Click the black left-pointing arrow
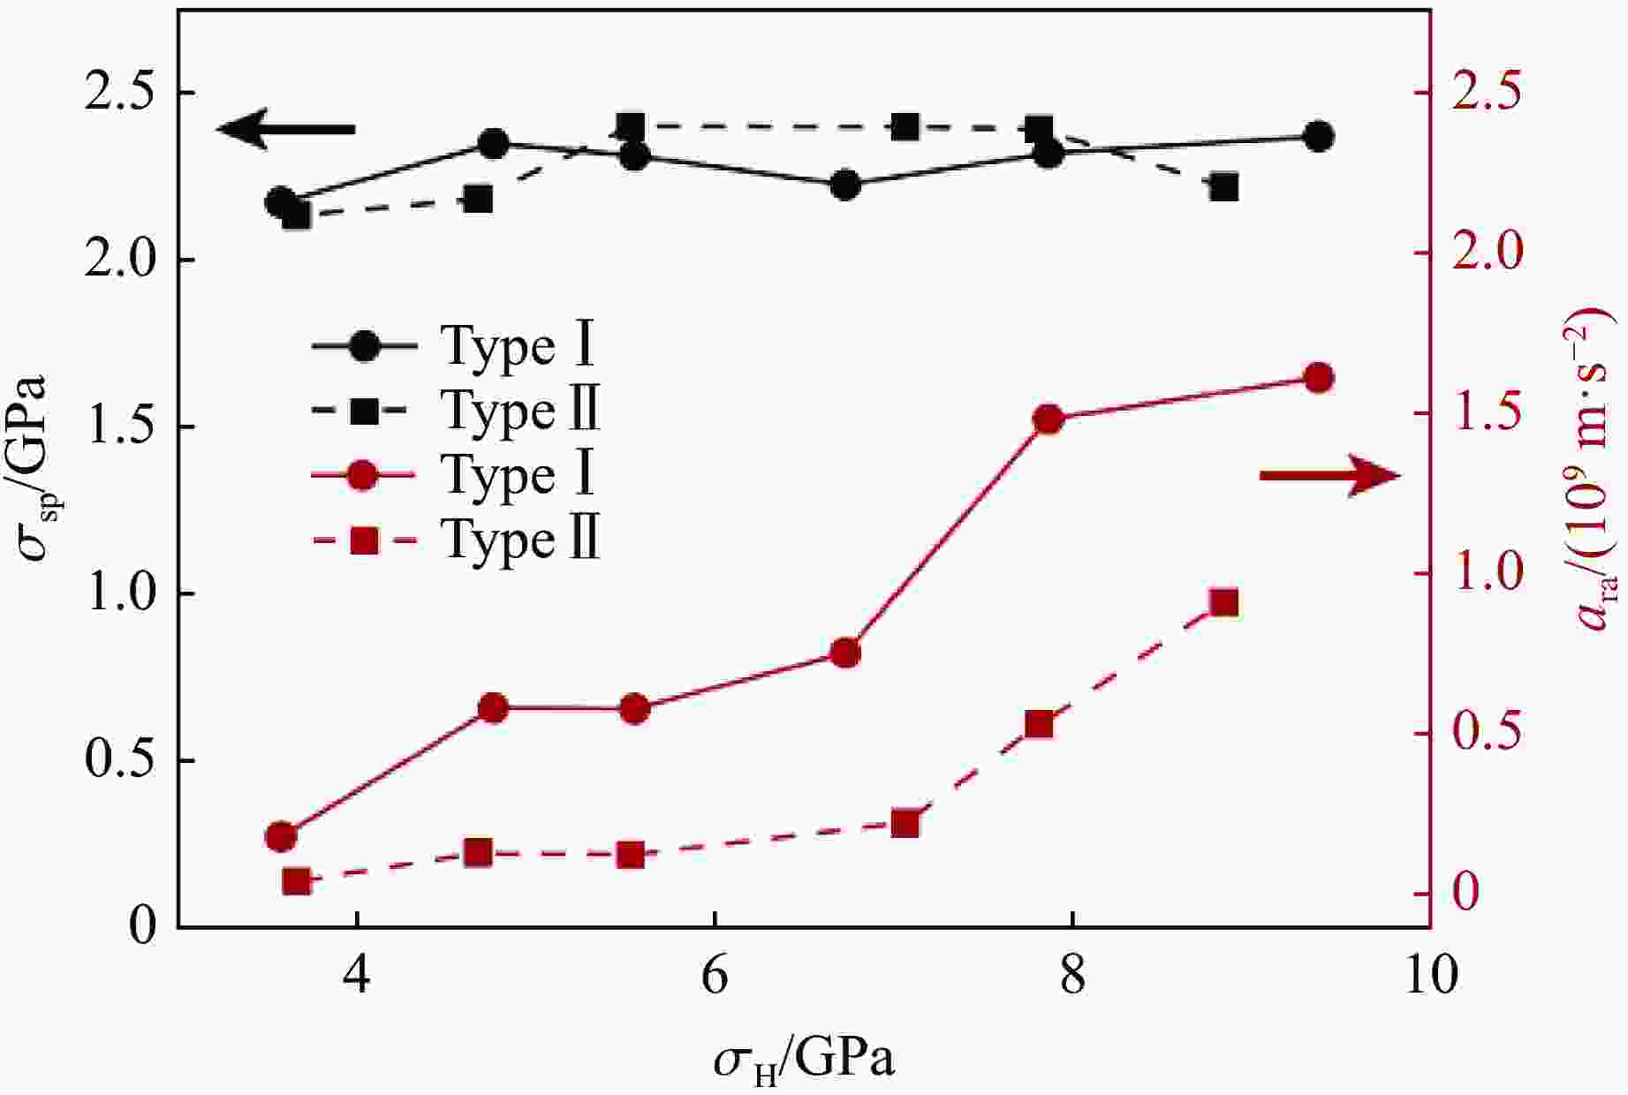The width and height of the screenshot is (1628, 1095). [x=286, y=129]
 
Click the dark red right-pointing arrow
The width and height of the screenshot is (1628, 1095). [x=1330, y=476]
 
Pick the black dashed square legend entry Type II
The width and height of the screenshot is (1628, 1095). [x=454, y=411]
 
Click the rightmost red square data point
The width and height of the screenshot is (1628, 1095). [x=1223, y=603]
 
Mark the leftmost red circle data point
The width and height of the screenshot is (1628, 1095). [x=281, y=836]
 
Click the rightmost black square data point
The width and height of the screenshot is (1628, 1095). [x=1223, y=187]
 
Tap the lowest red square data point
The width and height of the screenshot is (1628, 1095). [x=296, y=881]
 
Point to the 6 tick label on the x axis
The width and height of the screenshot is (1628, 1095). [x=714, y=976]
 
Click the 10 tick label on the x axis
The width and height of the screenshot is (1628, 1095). [x=1428, y=976]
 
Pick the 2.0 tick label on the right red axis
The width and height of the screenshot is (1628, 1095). [x=1489, y=253]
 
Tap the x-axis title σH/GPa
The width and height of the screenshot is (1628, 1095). [x=804, y=1060]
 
